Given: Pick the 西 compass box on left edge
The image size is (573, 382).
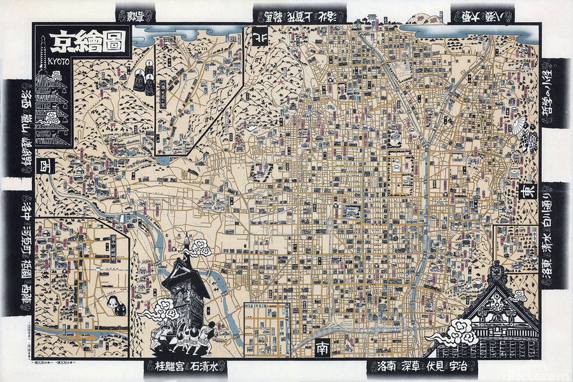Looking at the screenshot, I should [x=46, y=164].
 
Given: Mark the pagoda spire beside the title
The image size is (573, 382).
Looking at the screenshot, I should [x=43, y=51].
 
